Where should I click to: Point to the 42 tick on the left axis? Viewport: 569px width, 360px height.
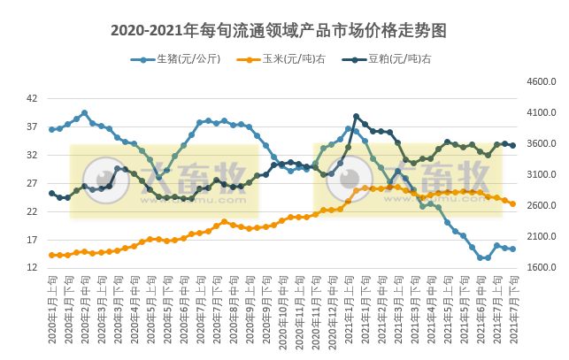tap(32, 98)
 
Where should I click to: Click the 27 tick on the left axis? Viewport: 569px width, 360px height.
tap(32, 183)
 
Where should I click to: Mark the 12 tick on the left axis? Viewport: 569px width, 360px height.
tap(32, 268)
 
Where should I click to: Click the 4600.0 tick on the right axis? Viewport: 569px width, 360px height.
tap(541, 81)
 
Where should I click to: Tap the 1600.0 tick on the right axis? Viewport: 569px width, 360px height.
tap(541, 268)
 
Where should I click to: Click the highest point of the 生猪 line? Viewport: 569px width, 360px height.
tap(84, 113)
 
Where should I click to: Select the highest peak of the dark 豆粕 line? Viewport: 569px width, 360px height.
tap(356, 116)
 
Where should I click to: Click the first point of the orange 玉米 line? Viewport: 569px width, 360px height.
tap(51, 255)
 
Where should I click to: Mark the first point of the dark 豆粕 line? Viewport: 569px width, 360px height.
tap(51, 193)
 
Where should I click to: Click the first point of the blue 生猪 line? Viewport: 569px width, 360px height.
tap(51, 129)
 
